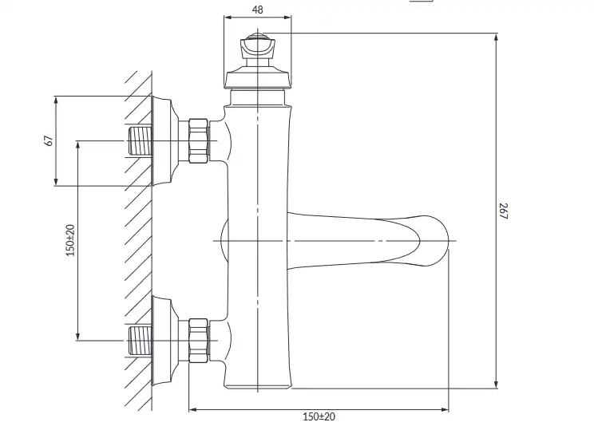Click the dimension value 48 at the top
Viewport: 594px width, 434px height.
(257, 10)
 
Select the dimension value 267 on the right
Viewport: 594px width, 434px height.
(503, 211)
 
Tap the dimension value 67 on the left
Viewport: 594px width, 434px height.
(49, 140)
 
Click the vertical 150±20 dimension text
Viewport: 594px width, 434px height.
(70, 240)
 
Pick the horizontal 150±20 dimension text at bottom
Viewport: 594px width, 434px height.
(319, 416)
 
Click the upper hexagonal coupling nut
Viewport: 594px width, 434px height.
(199, 141)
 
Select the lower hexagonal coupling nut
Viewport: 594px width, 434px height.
(199, 341)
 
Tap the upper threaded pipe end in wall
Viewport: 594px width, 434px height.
(141, 141)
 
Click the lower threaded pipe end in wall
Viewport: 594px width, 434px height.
(141, 341)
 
